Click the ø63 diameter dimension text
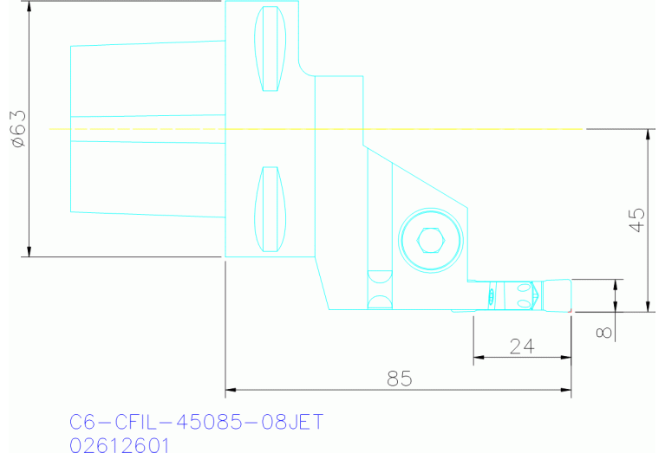pos(17,129)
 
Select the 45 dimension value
pos(636,221)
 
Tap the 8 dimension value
pos(605,330)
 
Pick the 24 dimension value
pos(521,346)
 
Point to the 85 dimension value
pos(399,379)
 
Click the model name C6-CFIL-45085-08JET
pos(196,422)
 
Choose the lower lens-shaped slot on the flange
pos(270,209)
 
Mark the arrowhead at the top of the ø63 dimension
pos(29,7)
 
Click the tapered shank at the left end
pos(147,127)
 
